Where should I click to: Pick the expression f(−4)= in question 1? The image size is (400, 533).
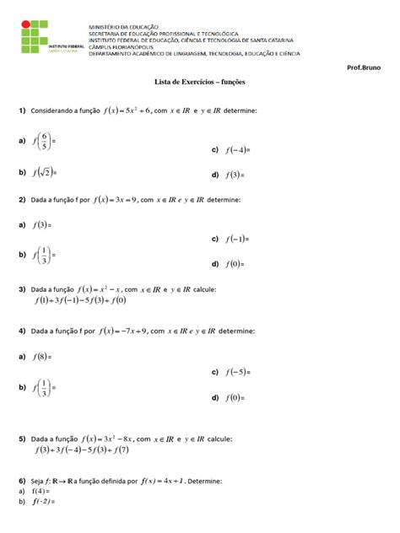tap(239, 150)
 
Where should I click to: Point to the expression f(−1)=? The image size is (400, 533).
tap(239, 239)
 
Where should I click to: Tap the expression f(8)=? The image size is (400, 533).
tap(42, 358)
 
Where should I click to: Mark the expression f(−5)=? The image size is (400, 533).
tap(239, 371)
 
